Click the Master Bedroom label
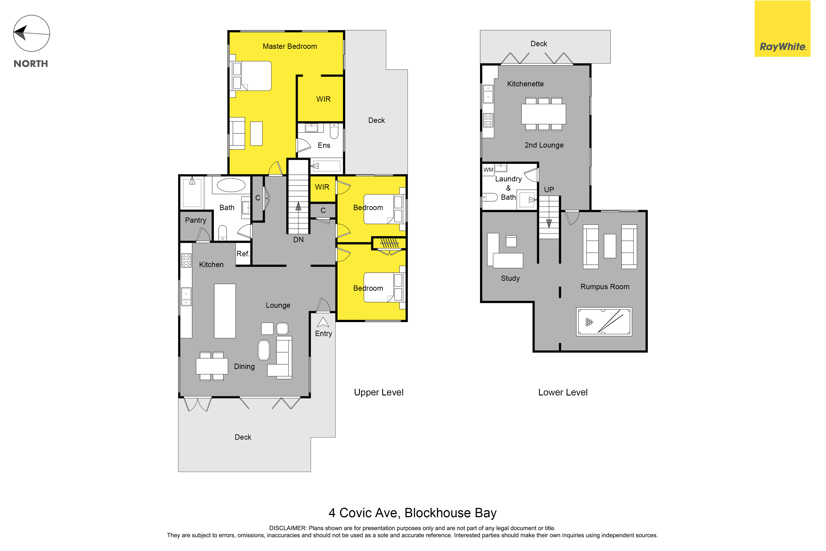(290, 46)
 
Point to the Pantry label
(196, 220)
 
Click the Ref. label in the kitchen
(243, 254)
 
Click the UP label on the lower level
(549, 190)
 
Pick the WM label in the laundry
(488, 170)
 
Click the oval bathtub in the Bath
(231, 185)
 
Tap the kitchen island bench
(225, 311)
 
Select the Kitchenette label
(525, 84)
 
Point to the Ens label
(324, 145)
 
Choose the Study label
(510, 278)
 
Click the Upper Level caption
(379, 393)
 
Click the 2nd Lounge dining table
(544, 114)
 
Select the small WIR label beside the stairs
(322, 187)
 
